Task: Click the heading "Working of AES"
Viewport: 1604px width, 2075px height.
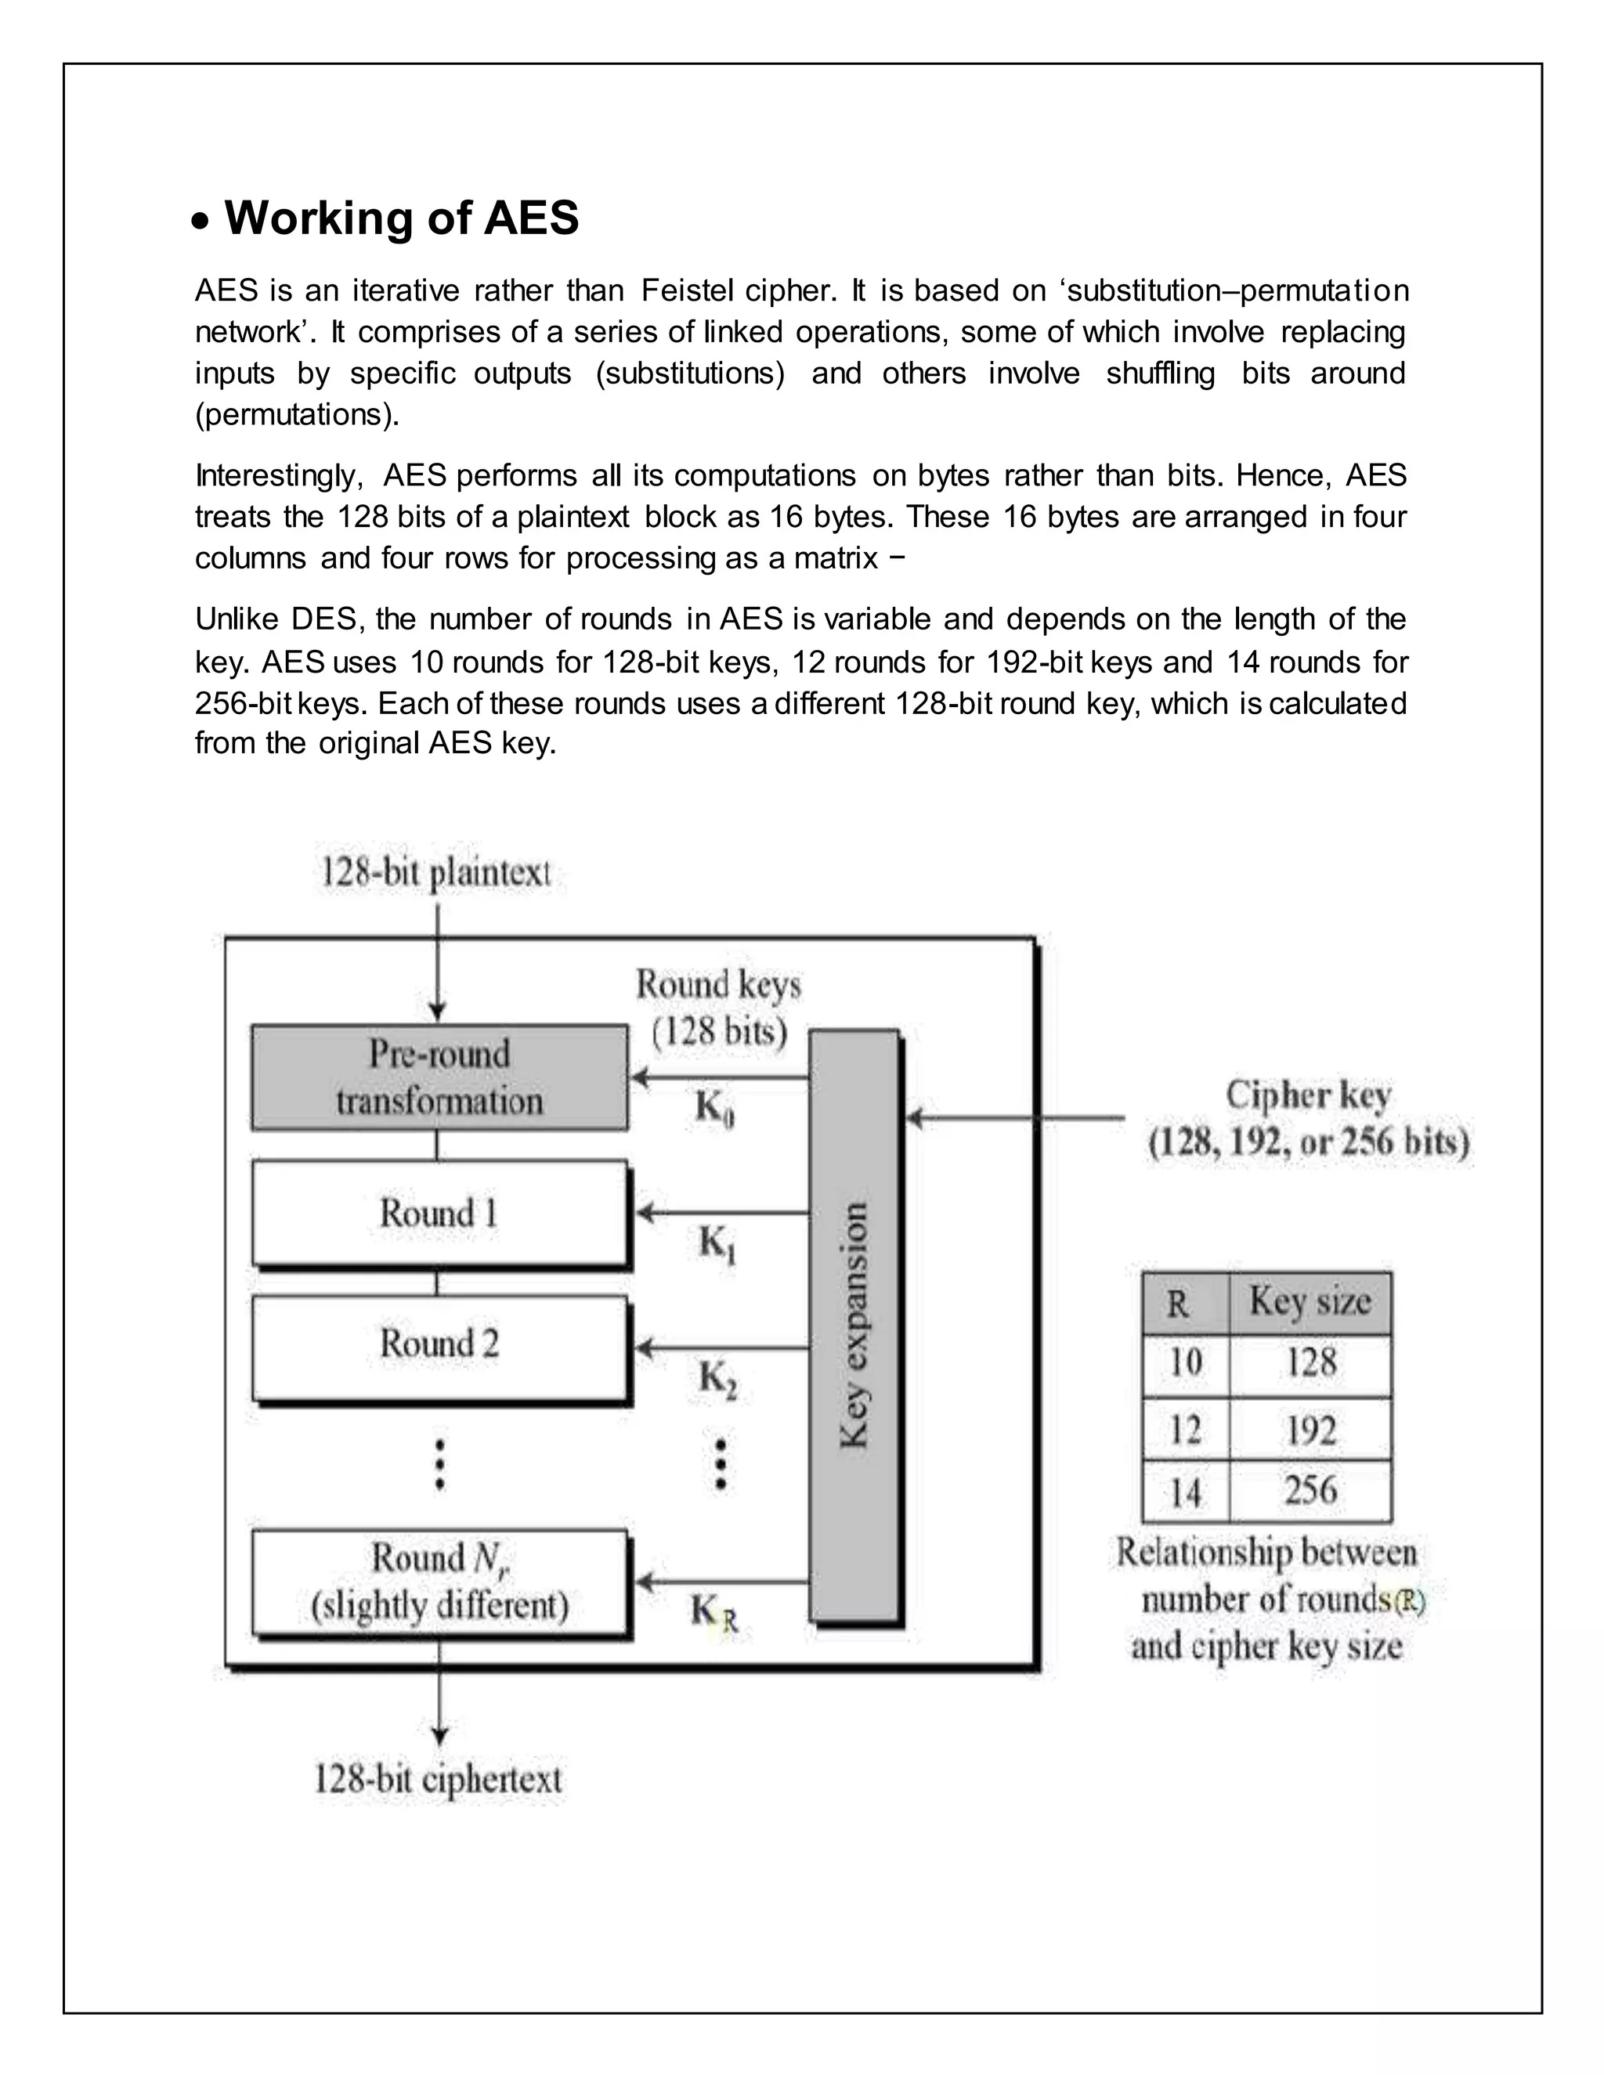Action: pos(401,218)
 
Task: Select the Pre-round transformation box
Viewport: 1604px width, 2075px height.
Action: pos(439,1077)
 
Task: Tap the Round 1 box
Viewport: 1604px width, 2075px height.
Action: pos(439,1213)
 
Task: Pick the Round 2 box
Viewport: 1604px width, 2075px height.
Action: pos(439,1344)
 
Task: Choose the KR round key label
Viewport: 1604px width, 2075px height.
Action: pos(713,1612)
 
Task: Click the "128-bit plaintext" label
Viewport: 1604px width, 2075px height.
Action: pos(435,872)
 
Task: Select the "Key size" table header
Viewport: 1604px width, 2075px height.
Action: pos(1310,1301)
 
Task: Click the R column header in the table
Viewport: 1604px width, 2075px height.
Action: pos(1178,1304)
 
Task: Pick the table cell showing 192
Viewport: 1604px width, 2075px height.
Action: pos(1310,1430)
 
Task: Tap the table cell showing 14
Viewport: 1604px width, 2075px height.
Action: pos(1184,1492)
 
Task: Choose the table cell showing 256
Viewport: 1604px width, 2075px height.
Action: pos(1310,1490)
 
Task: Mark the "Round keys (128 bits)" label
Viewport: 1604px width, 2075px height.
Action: pos(718,1008)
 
